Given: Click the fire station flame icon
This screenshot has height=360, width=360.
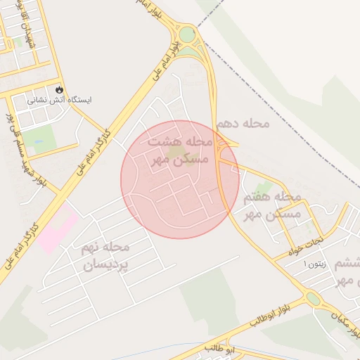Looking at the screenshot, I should [59, 90].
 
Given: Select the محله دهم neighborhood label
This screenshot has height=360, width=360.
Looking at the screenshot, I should [243, 123].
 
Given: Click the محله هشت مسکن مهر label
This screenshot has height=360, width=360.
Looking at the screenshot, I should [179, 150].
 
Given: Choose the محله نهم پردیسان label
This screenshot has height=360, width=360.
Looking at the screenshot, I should [106, 256].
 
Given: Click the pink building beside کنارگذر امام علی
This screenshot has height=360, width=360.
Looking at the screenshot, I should [58, 229].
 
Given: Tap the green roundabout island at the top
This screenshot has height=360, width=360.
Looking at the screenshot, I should [187, 33].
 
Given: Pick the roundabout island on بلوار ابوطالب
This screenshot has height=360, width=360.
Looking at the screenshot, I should [314, 299].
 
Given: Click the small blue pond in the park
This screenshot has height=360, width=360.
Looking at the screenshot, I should [39, 140].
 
